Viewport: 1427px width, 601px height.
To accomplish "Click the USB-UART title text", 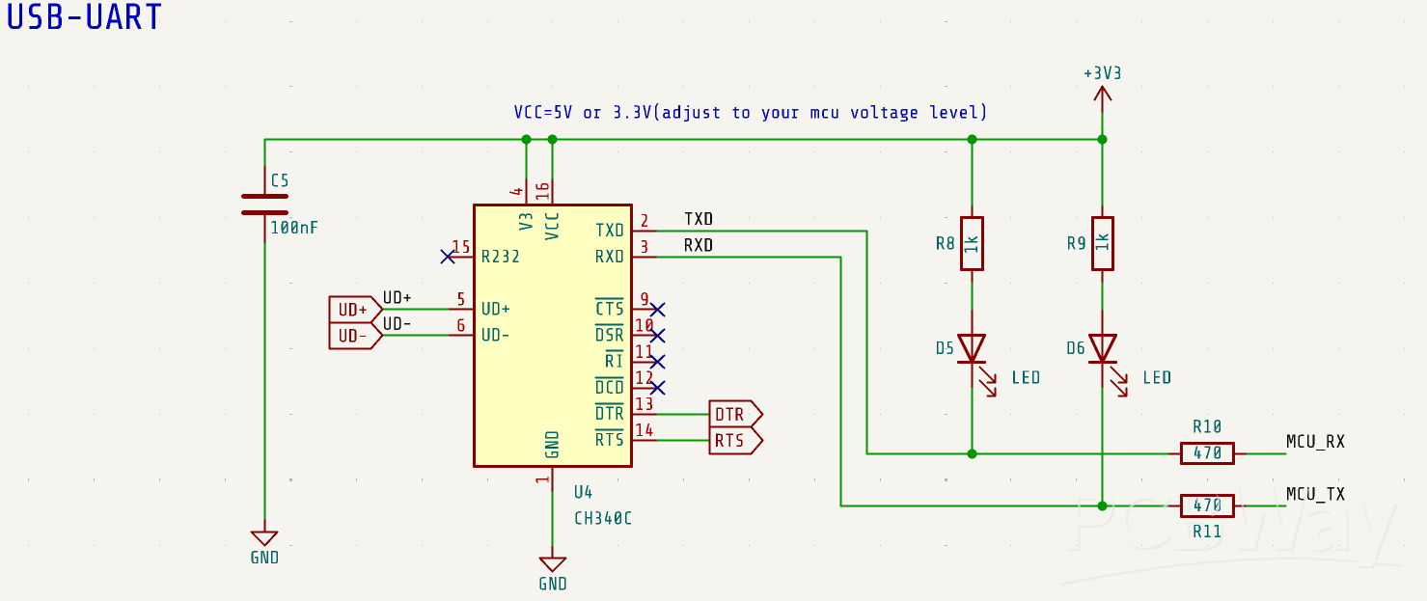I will click(85, 17).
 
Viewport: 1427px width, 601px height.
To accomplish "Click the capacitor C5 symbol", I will click(264, 204).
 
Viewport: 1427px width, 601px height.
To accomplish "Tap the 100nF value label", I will click(293, 229).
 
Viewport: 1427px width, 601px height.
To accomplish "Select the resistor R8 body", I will click(972, 243).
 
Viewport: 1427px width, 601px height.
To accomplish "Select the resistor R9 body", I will click(1102, 243).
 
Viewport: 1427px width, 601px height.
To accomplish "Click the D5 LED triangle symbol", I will click(972, 348).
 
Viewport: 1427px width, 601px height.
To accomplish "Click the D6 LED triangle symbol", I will click(1102, 348).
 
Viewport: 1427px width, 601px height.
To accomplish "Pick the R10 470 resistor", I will click(1207, 452).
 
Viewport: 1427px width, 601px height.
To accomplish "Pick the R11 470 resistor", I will click(1207, 505).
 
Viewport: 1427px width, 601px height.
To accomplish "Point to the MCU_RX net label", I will click(1315, 442).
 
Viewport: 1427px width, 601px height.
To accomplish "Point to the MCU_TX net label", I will click(1315, 494).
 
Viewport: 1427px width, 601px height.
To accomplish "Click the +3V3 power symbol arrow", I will click(1102, 93).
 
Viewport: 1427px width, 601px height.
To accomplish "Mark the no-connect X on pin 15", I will click(447, 257).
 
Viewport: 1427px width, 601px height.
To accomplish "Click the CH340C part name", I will click(603, 518).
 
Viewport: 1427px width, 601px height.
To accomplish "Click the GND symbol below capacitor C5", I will click(264, 538).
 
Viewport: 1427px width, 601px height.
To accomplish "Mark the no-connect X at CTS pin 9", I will click(658, 310).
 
